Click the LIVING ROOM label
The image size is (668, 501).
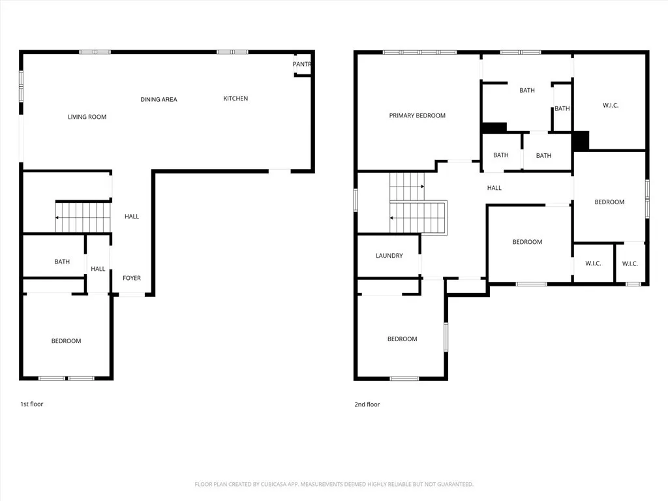coord(87,117)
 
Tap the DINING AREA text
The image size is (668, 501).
coord(159,100)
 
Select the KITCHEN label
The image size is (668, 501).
coord(235,99)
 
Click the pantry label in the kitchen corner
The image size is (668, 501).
coord(301,64)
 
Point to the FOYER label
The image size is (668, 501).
coord(132,279)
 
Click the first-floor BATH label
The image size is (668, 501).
coord(62,262)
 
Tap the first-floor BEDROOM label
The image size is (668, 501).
coord(67,341)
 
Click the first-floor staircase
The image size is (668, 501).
coord(82,217)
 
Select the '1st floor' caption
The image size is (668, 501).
coord(31,404)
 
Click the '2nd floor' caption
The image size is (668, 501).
coord(367,404)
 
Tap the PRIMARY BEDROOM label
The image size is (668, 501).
coord(417,115)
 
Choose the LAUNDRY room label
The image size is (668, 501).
coord(389,256)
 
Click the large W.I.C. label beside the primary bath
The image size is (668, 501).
coord(611,105)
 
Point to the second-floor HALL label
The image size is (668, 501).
coord(494,188)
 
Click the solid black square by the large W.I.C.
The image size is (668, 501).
coord(581,140)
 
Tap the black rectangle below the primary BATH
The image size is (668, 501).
coord(494,127)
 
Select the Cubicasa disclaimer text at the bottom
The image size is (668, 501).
coord(333,484)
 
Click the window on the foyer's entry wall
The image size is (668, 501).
coord(132,296)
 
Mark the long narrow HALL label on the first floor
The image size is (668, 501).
coord(132,217)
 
